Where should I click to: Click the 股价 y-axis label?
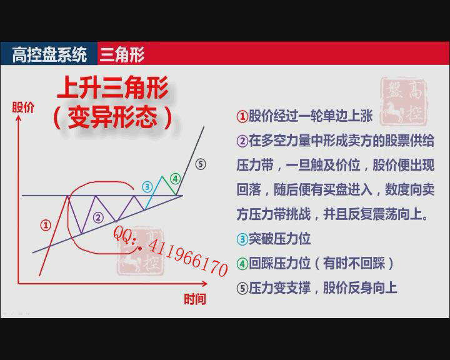pyautogui.click(x=23, y=107)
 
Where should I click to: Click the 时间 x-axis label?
pyautogui.click(x=195, y=299)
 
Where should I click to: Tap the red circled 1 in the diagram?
pyautogui.click(x=46, y=225)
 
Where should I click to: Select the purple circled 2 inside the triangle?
pyautogui.click(x=99, y=217)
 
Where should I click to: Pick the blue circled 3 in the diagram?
pyautogui.click(x=147, y=187)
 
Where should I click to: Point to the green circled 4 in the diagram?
pyautogui.click(x=176, y=179)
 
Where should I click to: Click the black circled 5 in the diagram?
pyautogui.click(x=201, y=164)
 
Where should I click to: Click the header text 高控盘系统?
pyautogui.click(x=49, y=54)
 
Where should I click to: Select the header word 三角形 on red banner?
pyautogui.click(x=122, y=54)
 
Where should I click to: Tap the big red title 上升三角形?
pyautogui.click(x=112, y=87)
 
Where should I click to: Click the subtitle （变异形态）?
pyautogui.click(x=112, y=117)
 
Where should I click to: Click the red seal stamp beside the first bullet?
pyautogui.click(x=404, y=101)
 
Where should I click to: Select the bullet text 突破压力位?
pyautogui.click(x=279, y=239)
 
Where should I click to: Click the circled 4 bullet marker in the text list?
pyautogui.click(x=242, y=264)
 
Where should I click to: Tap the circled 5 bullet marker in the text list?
pyautogui.click(x=242, y=288)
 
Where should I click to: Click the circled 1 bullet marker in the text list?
pyautogui.click(x=242, y=116)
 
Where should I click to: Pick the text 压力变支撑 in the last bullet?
pyautogui.click(x=279, y=288)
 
